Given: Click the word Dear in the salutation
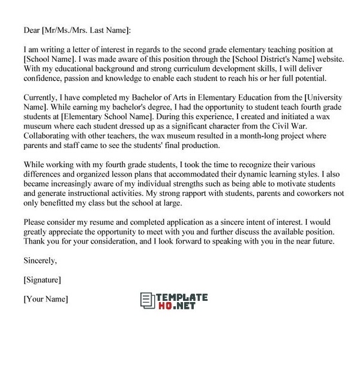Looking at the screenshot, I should click(31, 31).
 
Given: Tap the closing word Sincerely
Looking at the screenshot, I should click(40, 261).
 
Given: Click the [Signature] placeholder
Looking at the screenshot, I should click(42, 280).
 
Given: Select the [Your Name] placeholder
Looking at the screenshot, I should click(46, 299).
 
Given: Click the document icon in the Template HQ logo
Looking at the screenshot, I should click(147, 301).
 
